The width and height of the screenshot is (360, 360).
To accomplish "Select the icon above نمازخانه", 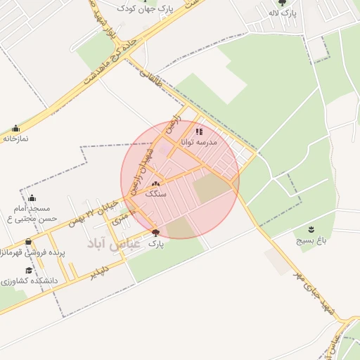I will pyautogui.click(x=15, y=129).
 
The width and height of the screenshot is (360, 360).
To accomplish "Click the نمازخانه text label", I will pyautogui.click(x=15, y=139).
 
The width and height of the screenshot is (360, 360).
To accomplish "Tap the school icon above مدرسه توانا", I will pyautogui.click(x=199, y=131).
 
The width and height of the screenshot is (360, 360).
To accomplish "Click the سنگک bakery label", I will pyautogui.click(x=155, y=193).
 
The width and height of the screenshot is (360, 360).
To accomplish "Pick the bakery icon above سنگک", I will pyautogui.click(x=155, y=184).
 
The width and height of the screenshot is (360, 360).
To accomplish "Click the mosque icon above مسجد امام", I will pyautogui.click(x=32, y=198).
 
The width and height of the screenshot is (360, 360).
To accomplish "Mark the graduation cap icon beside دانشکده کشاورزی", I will pyautogui.click(x=29, y=270).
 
